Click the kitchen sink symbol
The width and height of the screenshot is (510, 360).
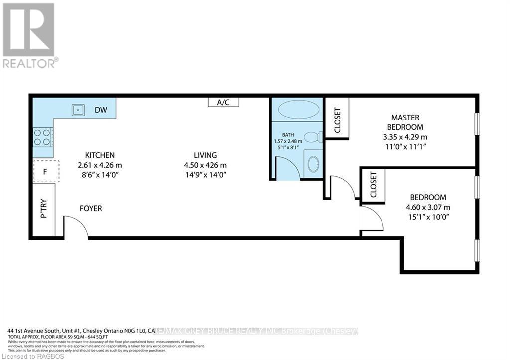(77, 108)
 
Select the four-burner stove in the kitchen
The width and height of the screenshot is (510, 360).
(42, 137)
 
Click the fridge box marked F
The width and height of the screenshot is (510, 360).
(46, 171)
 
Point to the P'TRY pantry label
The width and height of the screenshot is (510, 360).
(44, 209)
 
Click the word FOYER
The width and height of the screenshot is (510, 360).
(91, 208)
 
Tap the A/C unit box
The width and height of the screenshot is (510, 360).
(223, 102)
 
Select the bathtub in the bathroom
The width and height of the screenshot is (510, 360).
(297, 109)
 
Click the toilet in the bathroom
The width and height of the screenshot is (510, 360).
(313, 136)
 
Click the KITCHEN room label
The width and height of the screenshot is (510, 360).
(100, 155)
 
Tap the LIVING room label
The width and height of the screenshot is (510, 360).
(206, 155)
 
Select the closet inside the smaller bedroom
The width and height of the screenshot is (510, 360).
(374, 185)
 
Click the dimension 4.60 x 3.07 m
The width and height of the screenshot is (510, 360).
(428, 207)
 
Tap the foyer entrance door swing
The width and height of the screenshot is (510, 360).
(76, 227)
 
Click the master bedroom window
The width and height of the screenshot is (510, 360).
(477, 123)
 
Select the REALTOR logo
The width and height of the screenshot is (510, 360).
(29, 35)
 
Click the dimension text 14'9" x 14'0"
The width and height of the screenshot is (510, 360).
(206, 175)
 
